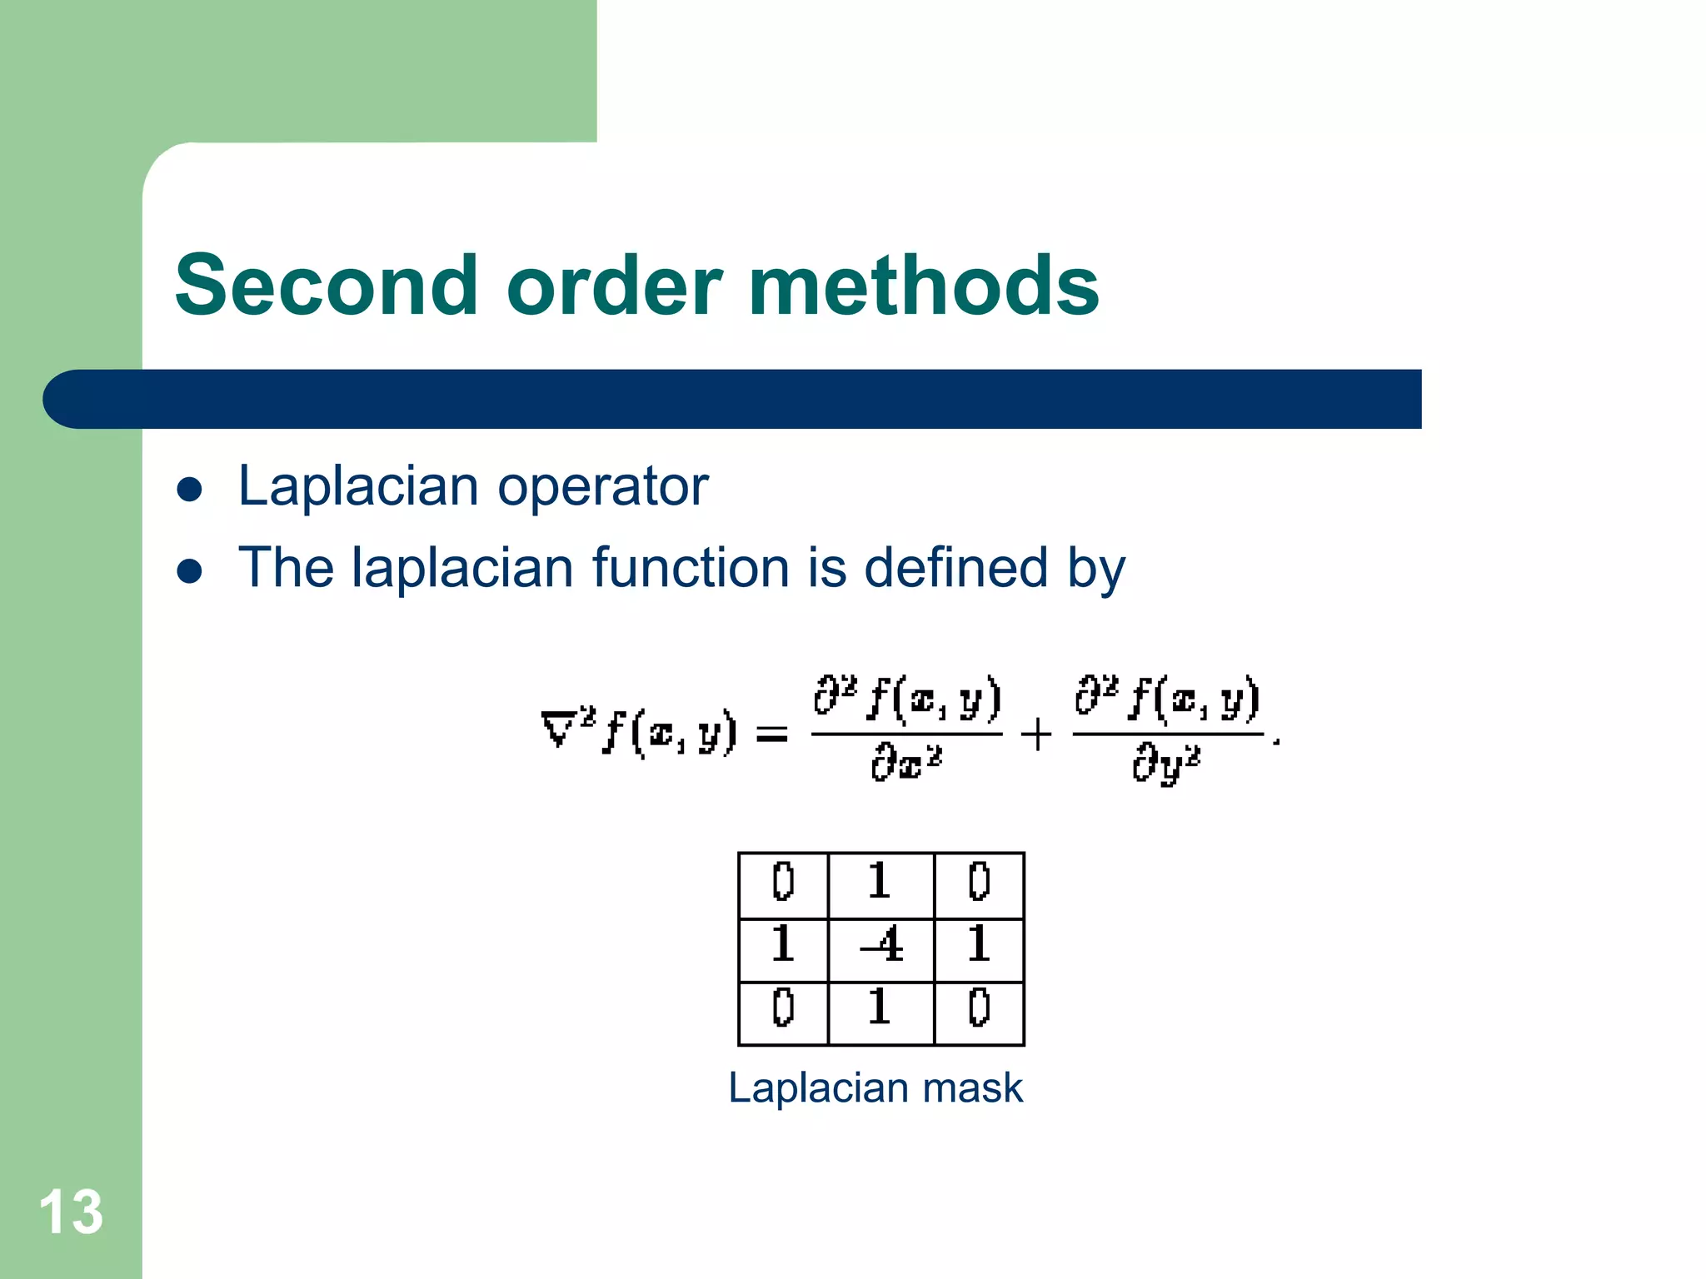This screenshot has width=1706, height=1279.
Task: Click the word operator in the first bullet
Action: pyautogui.click(x=603, y=487)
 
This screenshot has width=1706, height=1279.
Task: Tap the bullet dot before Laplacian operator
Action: pyautogui.click(x=190, y=490)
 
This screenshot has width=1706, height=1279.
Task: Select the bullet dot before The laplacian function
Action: pyautogui.click(x=190, y=571)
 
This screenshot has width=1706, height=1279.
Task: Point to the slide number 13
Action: pyautogui.click(x=71, y=1212)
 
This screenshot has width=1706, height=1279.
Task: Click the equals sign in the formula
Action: pyautogui.click(x=771, y=734)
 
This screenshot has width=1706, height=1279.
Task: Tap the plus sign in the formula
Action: pyautogui.click(x=1036, y=734)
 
